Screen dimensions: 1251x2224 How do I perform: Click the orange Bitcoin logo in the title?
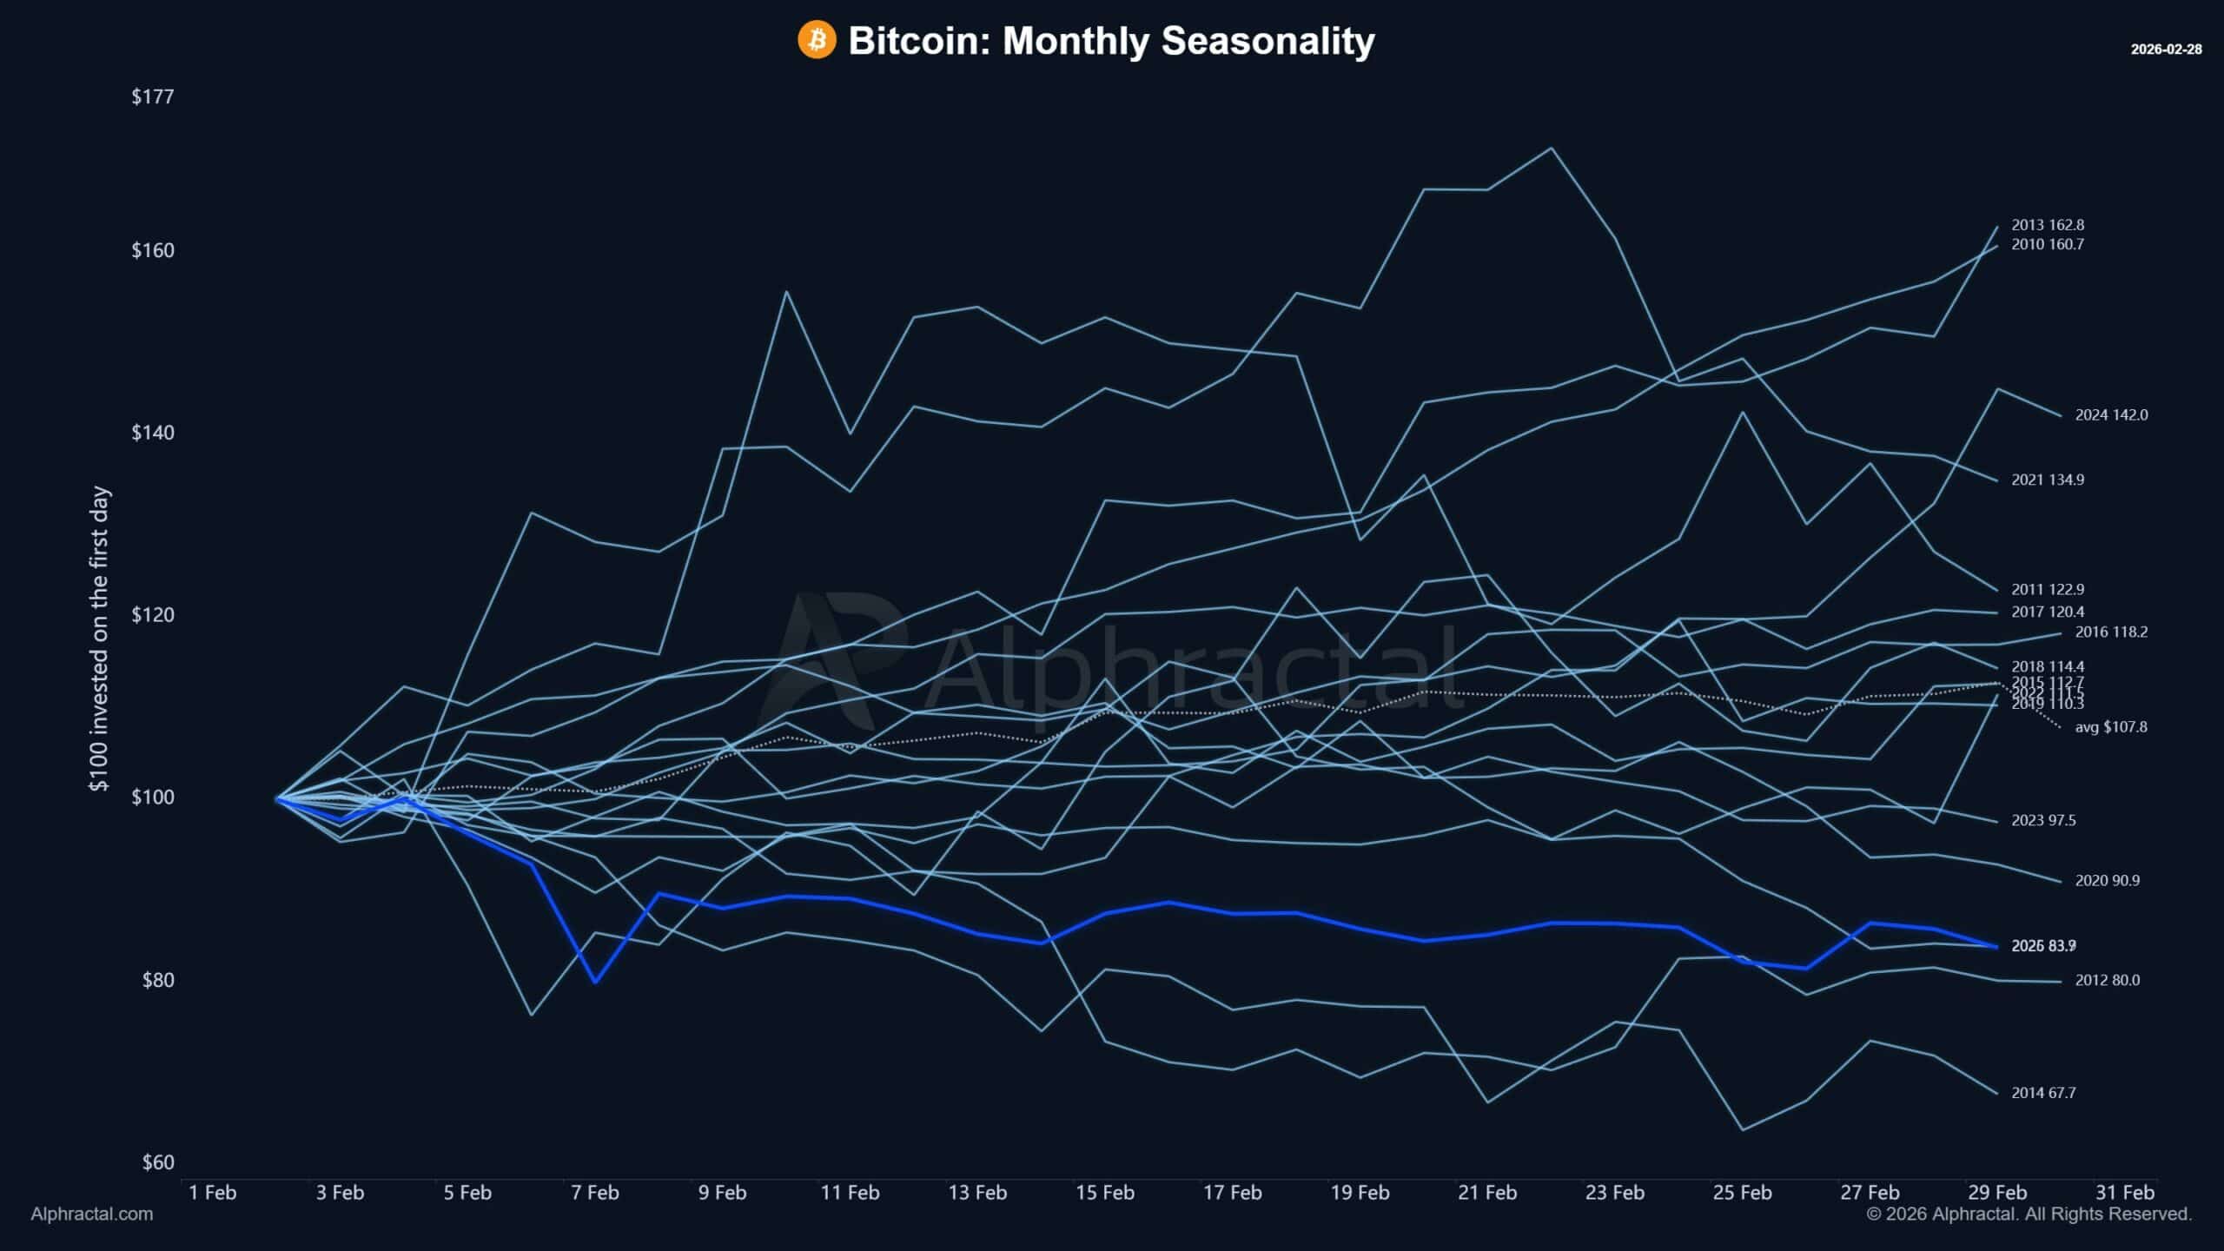pyautogui.click(x=817, y=40)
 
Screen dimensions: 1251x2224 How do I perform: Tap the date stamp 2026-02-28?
pyautogui.click(x=2166, y=50)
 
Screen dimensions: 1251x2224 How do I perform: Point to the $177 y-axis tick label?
pyautogui.click(x=153, y=96)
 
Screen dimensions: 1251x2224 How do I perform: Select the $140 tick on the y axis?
pyautogui.click(x=153, y=433)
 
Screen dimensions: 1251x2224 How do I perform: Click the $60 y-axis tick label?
pyautogui.click(x=158, y=1162)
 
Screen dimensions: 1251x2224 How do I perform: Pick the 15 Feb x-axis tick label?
pyautogui.click(x=1104, y=1193)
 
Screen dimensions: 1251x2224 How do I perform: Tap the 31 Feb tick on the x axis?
pyautogui.click(x=2125, y=1193)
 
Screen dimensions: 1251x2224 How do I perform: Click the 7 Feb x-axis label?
pyautogui.click(x=595, y=1193)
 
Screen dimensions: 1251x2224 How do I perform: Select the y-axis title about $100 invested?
pyautogui.click(x=100, y=639)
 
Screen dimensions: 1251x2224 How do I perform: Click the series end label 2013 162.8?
pyautogui.click(x=2048, y=225)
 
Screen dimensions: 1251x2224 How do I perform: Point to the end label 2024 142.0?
pyautogui.click(x=2111, y=415)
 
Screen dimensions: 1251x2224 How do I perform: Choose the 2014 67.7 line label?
pyautogui.click(x=2043, y=1093)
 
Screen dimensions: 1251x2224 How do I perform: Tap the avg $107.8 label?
pyautogui.click(x=2111, y=727)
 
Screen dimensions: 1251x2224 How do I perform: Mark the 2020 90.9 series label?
pyautogui.click(x=2108, y=881)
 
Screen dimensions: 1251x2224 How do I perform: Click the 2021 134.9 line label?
pyautogui.click(x=2048, y=480)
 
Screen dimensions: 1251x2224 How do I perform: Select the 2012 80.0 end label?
pyautogui.click(x=2108, y=980)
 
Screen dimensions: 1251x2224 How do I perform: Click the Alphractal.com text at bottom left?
pyautogui.click(x=92, y=1215)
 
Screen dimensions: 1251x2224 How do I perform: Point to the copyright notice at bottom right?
pyautogui.click(x=2029, y=1215)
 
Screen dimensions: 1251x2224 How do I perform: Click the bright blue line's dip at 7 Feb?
pyautogui.click(x=595, y=983)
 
